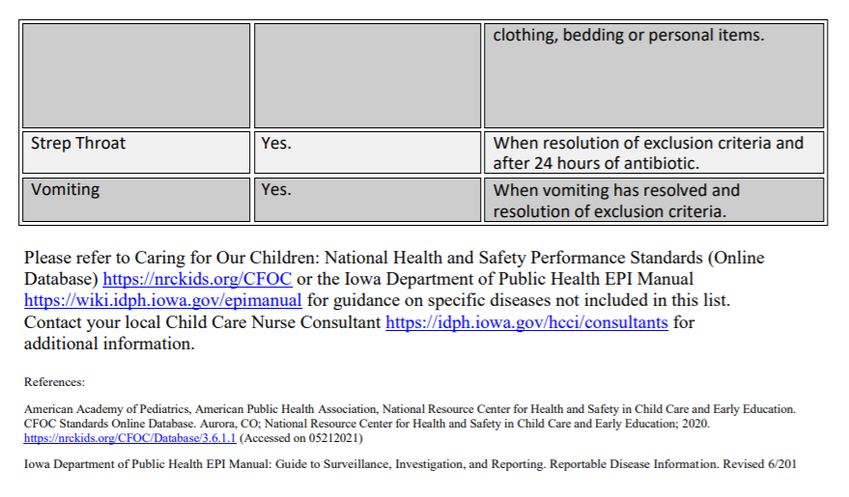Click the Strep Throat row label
[x=78, y=143]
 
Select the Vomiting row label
[x=65, y=190]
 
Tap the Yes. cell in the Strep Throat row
[x=276, y=143]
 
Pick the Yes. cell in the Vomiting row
[x=276, y=190]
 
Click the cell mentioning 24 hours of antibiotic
[x=647, y=153]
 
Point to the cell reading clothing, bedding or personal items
[x=628, y=36]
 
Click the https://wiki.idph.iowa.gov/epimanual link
[x=163, y=300]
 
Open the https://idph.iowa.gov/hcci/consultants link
[x=526, y=321]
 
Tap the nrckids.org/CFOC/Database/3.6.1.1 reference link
[x=129, y=437]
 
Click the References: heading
[x=54, y=382]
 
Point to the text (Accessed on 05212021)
[x=300, y=437]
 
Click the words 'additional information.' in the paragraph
[x=108, y=343]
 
